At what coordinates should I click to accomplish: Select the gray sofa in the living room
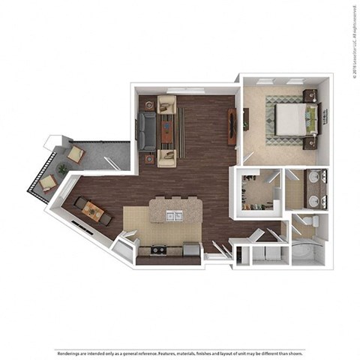click(x=145, y=128)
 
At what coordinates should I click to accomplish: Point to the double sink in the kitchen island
click(x=173, y=216)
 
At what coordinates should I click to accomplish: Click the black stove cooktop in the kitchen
click(x=157, y=250)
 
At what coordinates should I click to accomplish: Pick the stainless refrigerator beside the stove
click(x=190, y=250)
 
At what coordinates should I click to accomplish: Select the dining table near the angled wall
click(x=93, y=211)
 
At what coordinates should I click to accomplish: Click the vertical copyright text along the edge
click(x=352, y=41)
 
